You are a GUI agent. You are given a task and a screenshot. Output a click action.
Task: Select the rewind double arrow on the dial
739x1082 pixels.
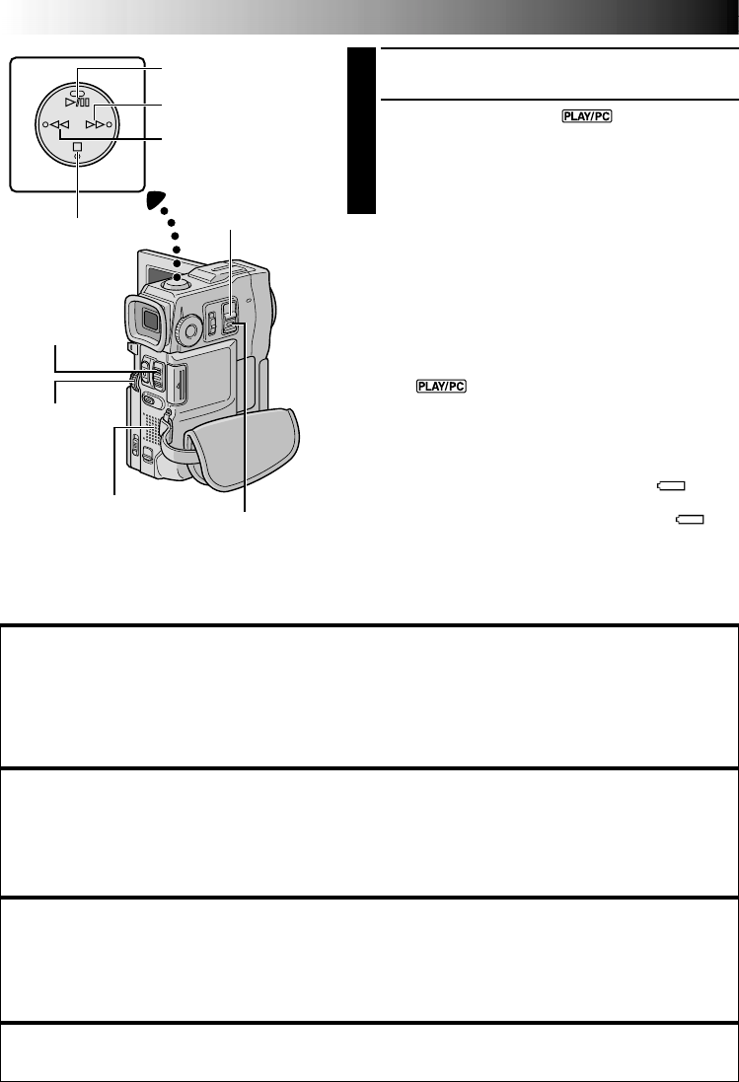point(56,126)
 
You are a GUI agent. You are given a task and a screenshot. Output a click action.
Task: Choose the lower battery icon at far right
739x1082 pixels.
point(690,519)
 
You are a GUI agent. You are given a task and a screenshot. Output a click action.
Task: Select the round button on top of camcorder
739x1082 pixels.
point(180,279)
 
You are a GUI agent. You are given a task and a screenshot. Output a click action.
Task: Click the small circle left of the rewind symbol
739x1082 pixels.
point(43,126)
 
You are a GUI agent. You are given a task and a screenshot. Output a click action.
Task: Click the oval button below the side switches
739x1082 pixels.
point(151,400)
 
